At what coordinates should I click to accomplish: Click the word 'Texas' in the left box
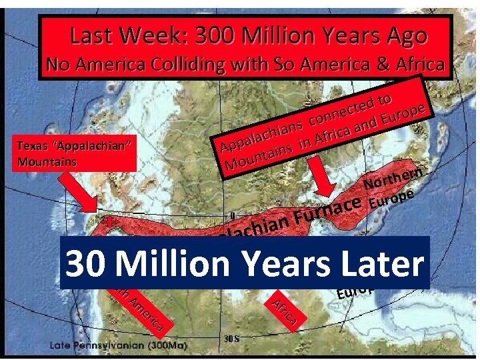(33, 146)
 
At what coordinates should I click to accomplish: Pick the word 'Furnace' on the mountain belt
(329, 209)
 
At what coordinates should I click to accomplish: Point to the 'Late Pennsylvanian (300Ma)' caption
(119, 345)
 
